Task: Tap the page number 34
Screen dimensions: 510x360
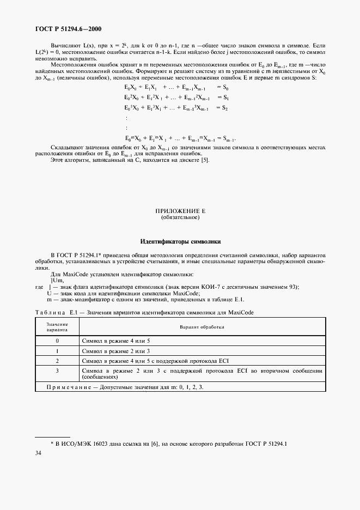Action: pyautogui.click(x=38, y=453)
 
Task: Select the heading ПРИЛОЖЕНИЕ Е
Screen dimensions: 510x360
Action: pyautogui.click(x=180, y=210)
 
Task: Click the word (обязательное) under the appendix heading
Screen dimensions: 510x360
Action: pyautogui.click(x=180, y=217)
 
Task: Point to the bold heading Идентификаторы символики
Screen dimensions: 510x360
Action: pyautogui.click(x=180, y=241)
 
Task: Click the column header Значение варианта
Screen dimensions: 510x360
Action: pyautogui.click(x=57, y=327)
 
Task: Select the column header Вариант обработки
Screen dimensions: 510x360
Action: pyautogui.click(x=202, y=327)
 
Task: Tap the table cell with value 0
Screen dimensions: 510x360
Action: pyautogui.click(x=57, y=341)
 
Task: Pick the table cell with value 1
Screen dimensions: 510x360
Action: pyautogui.click(x=57, y=350)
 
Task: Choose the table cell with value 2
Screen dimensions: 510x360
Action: pyautogui.click(x=57, y=361)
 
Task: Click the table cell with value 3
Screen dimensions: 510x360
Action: pyautogui.click(x=57, y=371)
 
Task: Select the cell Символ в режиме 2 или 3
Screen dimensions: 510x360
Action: pyautogui.click(x=115, y=350)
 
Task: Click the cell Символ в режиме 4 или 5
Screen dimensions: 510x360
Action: pyautogui.click(x=115, y=341)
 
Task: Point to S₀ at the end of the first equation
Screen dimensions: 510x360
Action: pyautogui.click(x=223, y=87)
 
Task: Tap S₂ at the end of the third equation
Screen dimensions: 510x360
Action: pyautogui.click(x=223, y=108)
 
